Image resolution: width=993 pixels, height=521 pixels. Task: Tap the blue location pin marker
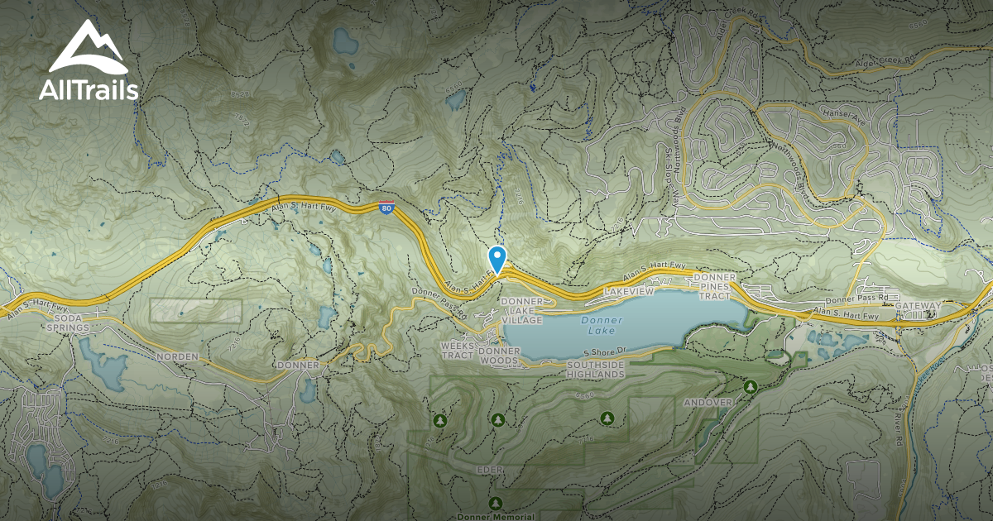click(497, 259)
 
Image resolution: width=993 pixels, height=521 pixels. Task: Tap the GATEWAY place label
click(918, 307)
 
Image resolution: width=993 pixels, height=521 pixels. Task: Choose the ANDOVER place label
click(708, 403)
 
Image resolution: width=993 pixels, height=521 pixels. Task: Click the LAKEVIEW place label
click(629, 292)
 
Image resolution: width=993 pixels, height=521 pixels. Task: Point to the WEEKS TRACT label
click(457, 350)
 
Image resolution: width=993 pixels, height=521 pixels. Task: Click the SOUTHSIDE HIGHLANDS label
click(595, 370)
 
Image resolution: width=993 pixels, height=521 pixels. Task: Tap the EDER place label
click(490, 470)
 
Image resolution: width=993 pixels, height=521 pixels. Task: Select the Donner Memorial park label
click(496, 514)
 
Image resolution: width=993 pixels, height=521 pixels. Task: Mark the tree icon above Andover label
click(751, 386)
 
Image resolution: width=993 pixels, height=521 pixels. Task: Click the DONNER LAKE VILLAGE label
click(521, 310)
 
